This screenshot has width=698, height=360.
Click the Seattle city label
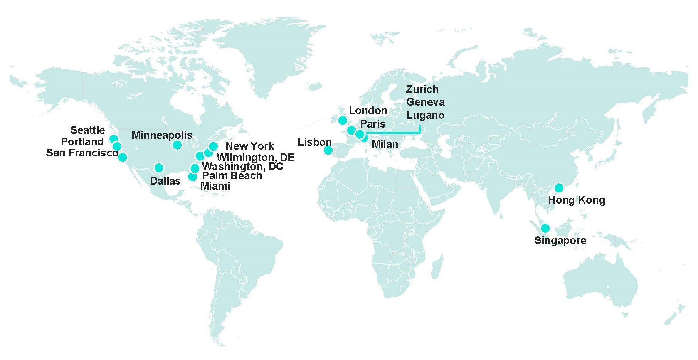pos(87,130)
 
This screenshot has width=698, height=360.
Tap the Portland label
pos(82,142)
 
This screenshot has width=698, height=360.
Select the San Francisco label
pos(82,153)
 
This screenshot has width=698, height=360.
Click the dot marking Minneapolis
pos(177,145)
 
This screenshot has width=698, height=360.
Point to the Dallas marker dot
pos(159,168)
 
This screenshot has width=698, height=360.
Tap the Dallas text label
pos(165,181)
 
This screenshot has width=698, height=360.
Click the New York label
pos(249,146)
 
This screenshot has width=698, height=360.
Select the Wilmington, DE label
pos(255,157)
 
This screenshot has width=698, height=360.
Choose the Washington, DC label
pos(242,167)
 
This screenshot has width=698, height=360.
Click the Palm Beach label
pos(232,176)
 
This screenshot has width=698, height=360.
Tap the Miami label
pos(215,186)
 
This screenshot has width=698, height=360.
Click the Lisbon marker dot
pos(328,150)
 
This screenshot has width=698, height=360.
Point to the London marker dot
pos(343,120)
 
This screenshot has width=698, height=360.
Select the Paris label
pos(372,124)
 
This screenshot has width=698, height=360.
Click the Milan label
pos(385,144)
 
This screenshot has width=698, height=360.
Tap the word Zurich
pos(422,89)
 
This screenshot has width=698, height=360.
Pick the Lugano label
pos(425,115)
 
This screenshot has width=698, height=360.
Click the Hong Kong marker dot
pos(558,188)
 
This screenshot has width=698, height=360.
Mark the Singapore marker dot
pos(545,228)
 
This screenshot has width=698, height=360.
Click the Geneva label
pos(425,102)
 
